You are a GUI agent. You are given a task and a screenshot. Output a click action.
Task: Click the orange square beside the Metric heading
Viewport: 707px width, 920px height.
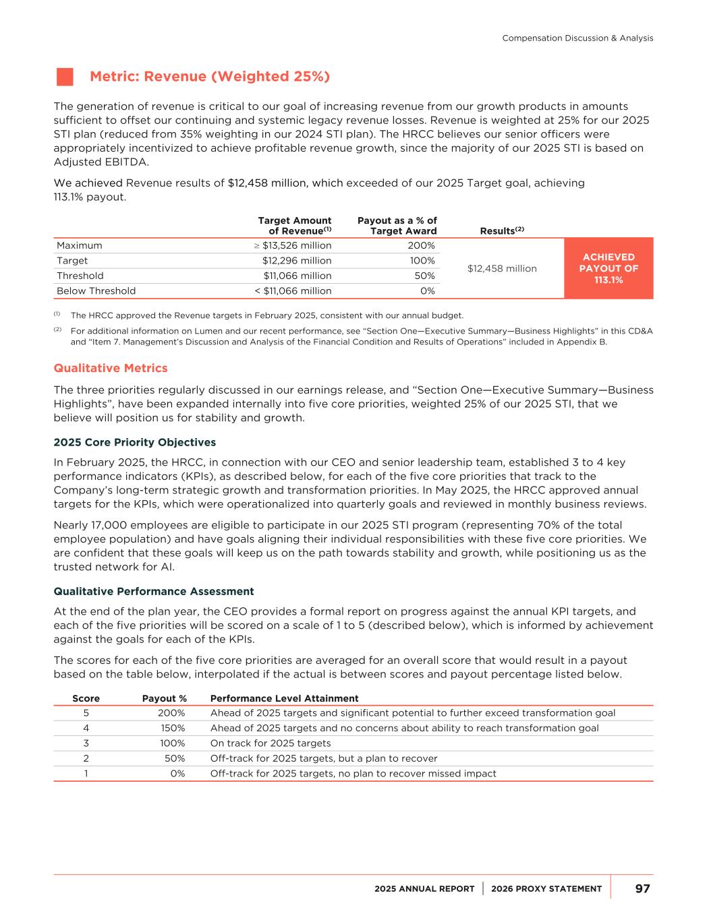(x=65, y=77)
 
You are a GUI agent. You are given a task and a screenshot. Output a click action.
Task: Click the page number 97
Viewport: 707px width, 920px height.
(x=642, y=889)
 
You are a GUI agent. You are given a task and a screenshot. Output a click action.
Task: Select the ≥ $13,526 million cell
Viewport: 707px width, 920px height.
(x=288, y=245)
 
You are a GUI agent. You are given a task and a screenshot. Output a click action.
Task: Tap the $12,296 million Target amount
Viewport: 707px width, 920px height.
(x=297, y=261)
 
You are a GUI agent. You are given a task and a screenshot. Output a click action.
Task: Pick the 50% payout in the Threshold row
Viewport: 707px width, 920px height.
(x=424, y=276)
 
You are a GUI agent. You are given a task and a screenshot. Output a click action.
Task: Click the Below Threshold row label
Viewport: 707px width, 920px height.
(x=96, y=291)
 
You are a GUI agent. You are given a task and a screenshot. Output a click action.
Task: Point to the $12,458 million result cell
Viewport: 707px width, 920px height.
(x=502, y=268)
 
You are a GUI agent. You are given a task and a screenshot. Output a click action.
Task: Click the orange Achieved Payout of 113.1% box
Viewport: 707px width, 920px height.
(x=609, y=268)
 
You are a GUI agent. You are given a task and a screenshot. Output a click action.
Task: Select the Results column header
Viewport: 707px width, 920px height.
(x=502, y=231)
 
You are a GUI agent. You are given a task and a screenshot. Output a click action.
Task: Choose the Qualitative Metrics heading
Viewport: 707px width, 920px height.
(x=111, y=368)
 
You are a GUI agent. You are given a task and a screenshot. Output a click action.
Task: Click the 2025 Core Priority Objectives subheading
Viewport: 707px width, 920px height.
(x=135, y=443)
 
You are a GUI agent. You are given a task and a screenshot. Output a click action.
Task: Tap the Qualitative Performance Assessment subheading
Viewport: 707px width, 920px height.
(x=154, y=592)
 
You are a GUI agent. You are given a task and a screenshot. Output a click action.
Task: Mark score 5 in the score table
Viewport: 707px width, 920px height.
(x=86, y=713)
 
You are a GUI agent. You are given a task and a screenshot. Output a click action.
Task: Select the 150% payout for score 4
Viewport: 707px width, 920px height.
(x=171, y=728)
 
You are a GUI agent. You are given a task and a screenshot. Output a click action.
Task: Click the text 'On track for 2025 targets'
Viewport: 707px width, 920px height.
(x=271, y=743)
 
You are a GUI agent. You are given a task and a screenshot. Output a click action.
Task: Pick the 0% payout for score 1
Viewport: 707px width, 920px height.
(x=177, y=774)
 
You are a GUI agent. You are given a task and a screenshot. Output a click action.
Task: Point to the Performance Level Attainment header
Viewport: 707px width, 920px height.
(x=285, y=698)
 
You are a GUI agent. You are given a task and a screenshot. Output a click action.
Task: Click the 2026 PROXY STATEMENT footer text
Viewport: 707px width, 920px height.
(x=546, y=889)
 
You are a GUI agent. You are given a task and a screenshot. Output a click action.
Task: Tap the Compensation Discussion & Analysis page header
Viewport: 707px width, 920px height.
(x=577, y=38)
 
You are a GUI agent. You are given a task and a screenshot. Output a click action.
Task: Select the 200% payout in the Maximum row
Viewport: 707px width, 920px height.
(x=421, y=245)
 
